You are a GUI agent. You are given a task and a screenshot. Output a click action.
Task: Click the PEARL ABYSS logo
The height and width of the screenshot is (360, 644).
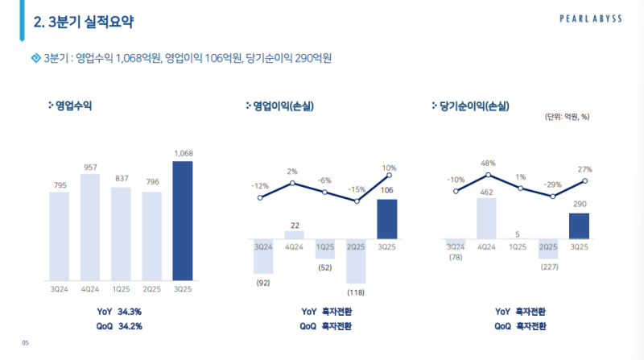click(592, 19)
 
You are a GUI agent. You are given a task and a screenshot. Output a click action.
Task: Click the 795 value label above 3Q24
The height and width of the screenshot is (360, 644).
click(60, 185)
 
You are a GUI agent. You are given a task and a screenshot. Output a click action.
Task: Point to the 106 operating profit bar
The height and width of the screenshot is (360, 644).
click(388, 219)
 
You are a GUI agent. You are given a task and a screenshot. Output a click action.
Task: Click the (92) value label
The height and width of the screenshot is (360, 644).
click(263, 282)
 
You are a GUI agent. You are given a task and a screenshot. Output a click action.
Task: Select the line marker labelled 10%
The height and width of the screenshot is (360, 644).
click(389, 175)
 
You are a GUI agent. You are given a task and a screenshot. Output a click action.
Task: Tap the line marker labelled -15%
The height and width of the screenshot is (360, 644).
click(356, 201)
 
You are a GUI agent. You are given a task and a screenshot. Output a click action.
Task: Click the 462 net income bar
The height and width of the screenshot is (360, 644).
click(487, 218)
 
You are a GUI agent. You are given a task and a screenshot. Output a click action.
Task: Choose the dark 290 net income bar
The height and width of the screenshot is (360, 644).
click(580, 226)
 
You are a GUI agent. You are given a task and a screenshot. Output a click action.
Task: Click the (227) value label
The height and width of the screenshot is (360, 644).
click(549, 266)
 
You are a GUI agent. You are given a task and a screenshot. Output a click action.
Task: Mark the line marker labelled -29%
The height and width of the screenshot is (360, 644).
click(552, 196)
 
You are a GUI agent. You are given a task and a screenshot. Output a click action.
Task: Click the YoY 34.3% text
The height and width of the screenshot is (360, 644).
click(118, 311)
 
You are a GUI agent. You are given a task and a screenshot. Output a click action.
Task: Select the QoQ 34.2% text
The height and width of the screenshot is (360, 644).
click(118, 325)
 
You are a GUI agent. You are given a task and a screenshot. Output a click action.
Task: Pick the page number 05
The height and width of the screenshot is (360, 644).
click(25, 343)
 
